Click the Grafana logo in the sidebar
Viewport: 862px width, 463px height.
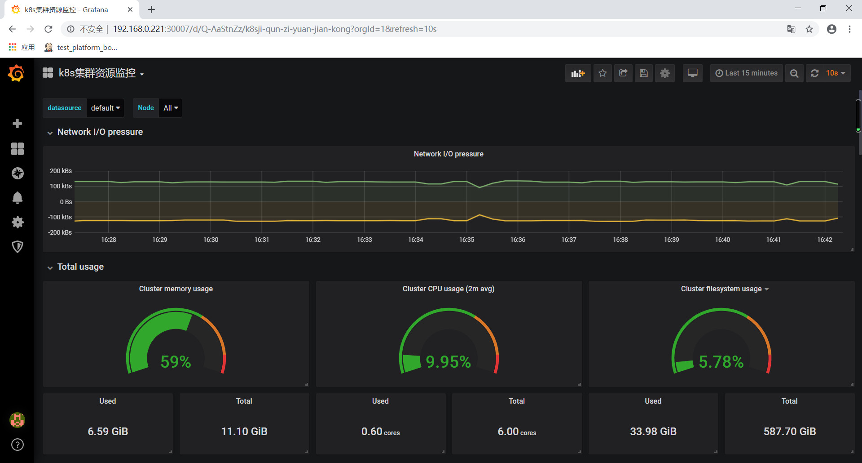(17, 73)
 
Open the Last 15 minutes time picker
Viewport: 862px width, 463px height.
(746, 73)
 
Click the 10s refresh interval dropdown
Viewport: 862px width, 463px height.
(835, 73)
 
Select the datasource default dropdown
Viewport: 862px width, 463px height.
(105, 108)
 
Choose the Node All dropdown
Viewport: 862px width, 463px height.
(170, 108)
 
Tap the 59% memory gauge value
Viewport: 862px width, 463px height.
(176, 361)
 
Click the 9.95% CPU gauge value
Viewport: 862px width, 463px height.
(448, 361)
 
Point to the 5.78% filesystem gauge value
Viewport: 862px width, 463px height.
(721, 361)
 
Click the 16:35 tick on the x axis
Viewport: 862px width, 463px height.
(466, 240)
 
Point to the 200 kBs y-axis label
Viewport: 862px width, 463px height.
(61, 171)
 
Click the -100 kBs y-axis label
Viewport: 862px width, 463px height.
(60, 217)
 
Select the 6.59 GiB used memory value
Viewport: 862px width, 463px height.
(108, 432)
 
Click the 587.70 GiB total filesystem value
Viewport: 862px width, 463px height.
(789, 432)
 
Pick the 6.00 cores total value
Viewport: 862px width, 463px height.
(517, 432)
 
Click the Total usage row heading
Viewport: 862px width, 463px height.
(80, 267)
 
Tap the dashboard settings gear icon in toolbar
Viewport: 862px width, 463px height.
(664, 73)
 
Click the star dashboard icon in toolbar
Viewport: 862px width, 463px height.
(603, 73)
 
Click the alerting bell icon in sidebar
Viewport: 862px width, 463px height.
(18, 198)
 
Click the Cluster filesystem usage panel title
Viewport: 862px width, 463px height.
(721, 289)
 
